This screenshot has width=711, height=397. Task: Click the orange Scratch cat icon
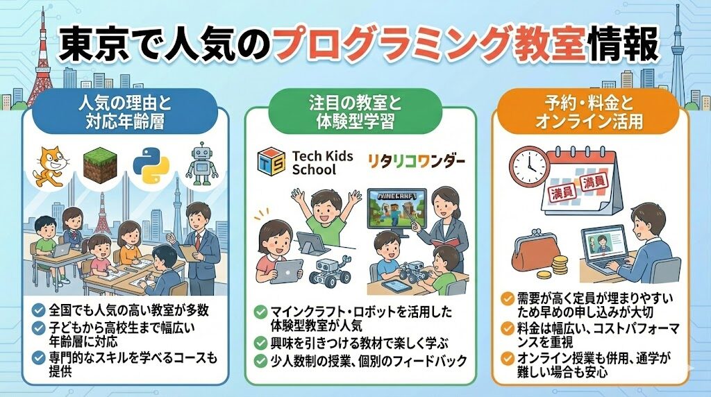(x=50, y=166)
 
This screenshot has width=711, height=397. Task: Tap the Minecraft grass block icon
(x=101, y=166)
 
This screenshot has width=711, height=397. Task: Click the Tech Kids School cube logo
(x=271, y=162)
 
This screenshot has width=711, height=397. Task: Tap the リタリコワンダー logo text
(x=416, y=162)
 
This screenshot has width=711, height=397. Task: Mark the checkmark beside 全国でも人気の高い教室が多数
(x=39, y=310)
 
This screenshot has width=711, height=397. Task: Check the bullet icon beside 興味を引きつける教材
(x=260, y=343)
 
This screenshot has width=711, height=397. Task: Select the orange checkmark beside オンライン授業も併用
(x=507, y=358)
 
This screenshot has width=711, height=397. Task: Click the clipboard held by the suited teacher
(x=188, y=251)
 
